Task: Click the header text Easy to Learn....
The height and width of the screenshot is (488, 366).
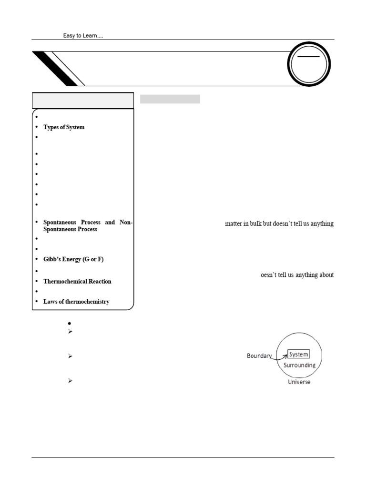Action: point(83,36)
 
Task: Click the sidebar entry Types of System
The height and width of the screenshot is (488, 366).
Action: point(64,127)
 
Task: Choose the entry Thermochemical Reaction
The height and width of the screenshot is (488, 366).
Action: point(77,281)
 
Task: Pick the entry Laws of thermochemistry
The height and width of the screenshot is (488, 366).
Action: point(76,301)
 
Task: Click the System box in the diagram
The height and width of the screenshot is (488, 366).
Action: point(298,354)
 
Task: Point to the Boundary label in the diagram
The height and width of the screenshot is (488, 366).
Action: point(259,356)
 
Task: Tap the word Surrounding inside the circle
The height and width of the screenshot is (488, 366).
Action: point(299,365)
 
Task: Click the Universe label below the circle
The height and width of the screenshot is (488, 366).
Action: point(299,382)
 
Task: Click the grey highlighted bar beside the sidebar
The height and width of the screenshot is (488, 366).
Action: point(170,99)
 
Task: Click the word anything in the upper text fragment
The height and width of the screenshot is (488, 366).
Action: point(321,224)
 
